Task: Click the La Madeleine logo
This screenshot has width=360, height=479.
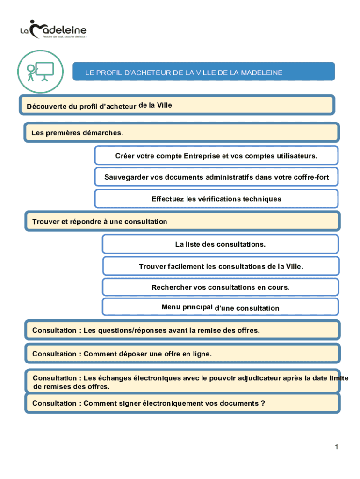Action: click(x=54, y=29)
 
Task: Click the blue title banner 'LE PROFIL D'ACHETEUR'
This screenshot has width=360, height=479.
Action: click(x=203, y=73)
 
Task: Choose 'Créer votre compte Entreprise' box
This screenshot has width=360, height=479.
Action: click(x=216, y=155)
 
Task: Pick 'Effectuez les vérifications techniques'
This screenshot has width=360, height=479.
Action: click(x=216, y=199)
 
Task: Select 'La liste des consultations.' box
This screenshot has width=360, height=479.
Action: click(x=220, y=244)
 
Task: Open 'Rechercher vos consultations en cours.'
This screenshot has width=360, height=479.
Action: click(x=220, y=287)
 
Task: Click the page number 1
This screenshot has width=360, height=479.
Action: click(x=336, y=447)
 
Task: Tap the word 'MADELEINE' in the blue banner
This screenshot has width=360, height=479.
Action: click(x=259, y=73)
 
